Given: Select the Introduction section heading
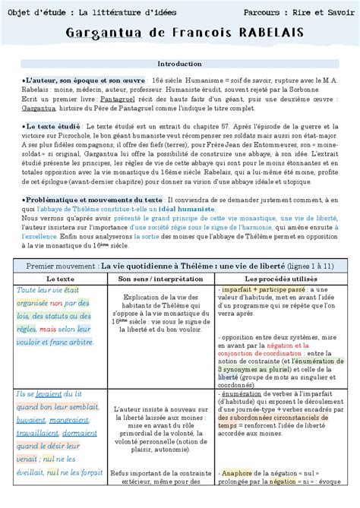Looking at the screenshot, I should click(179, 64).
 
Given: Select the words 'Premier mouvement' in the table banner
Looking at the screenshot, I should click(62, 265).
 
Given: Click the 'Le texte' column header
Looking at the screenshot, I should click(55, 280).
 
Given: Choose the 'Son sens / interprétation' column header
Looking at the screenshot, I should click(158, 280).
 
